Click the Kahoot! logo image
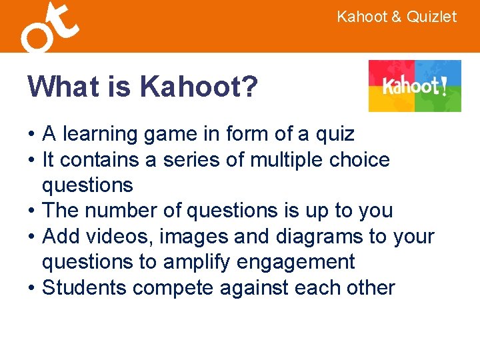(415, 86)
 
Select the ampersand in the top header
(395, 17)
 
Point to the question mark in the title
(249, 86)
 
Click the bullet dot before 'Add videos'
(31, 237)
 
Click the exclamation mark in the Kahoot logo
(443, 86)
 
